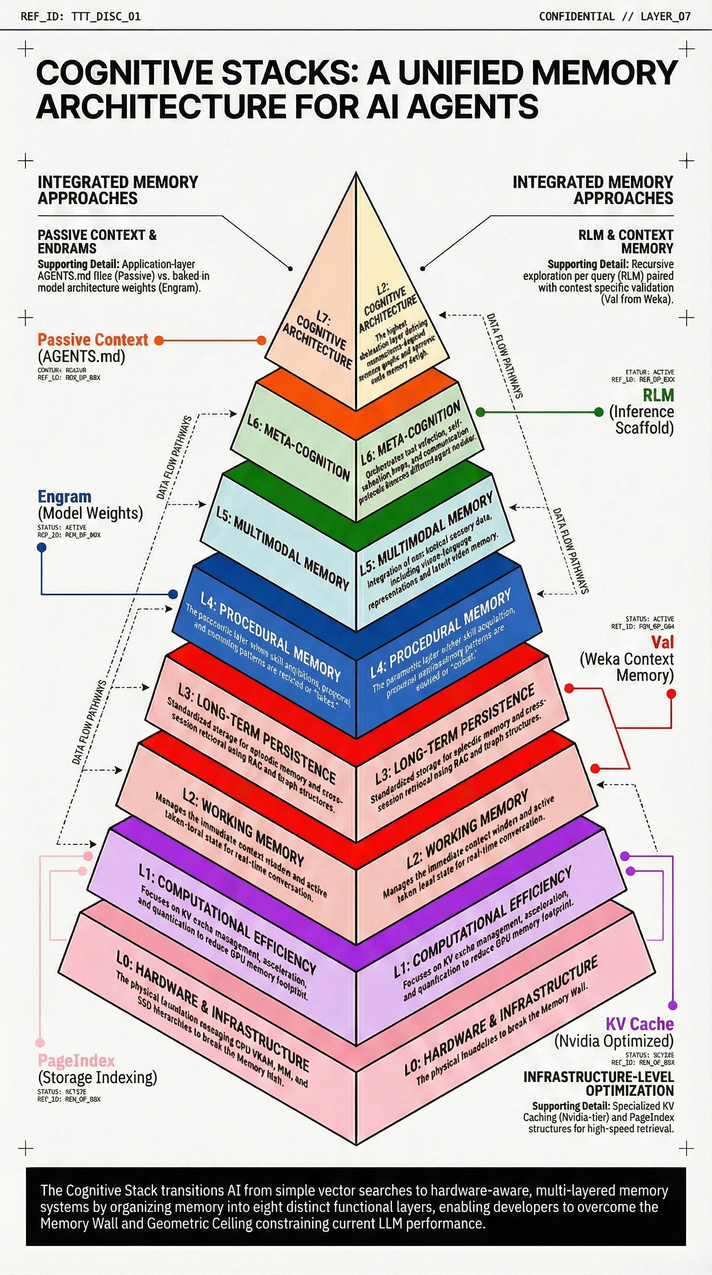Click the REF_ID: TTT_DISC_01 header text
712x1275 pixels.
point(80,16)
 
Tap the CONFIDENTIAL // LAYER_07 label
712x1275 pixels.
point(615,16)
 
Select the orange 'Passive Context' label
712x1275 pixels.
point(92,340)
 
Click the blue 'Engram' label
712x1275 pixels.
point(65,497)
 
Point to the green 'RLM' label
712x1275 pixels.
point(658,395)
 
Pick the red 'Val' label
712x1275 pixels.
point(662,642)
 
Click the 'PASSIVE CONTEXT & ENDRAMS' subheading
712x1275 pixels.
point(97,241)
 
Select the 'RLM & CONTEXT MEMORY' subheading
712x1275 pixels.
point(626,241)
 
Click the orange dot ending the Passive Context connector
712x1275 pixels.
point(261,341)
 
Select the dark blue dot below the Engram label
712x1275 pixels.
point(42,547)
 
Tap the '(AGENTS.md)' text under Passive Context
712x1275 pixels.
point(81,356)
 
